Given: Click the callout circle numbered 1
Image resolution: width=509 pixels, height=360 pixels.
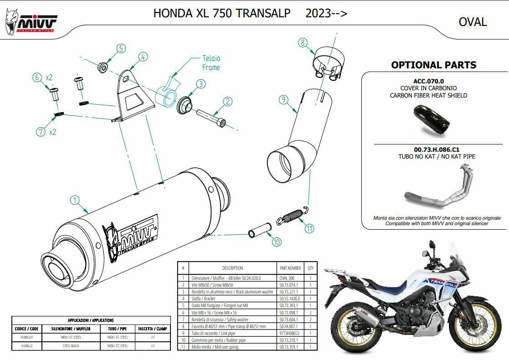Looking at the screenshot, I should [x=75, y=200].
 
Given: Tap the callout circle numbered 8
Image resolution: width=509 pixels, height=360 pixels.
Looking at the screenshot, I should [x=303, y=43].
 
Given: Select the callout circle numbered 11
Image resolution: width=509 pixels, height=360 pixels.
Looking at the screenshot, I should [x=310, y=228].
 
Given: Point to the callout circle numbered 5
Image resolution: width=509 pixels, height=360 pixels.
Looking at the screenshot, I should [x=121, y=49].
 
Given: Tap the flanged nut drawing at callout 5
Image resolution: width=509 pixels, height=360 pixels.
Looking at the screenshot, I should [x=103, y=67].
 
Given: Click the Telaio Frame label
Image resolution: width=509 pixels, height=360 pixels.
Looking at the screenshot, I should [x=211, y=63].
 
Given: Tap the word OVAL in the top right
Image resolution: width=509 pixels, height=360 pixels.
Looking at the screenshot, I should [x=473, y=22].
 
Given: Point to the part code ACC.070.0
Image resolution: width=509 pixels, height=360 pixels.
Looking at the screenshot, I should [x=428, y=81].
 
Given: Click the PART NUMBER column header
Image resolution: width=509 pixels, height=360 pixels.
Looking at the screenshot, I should [x=290, y=268].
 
